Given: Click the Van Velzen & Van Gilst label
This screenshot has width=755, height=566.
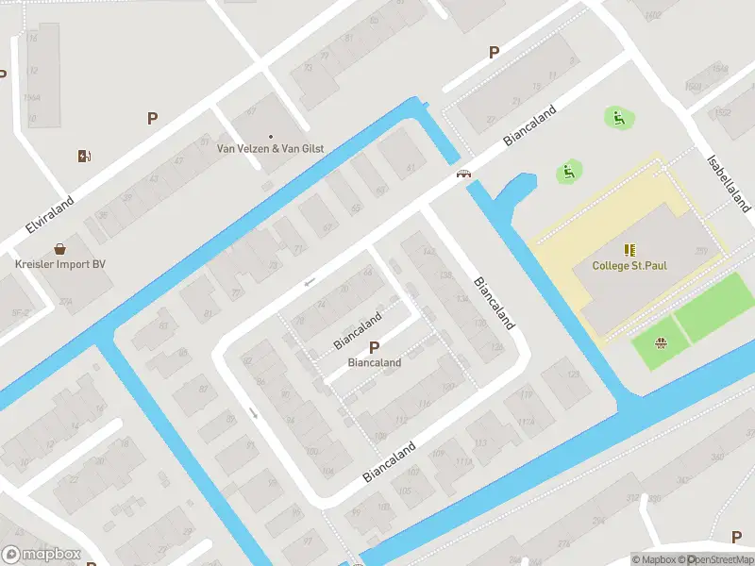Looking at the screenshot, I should pyautogui.click(x=270, y=148).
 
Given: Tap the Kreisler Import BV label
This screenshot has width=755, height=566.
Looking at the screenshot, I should pyautogui.click(x=59, y=264).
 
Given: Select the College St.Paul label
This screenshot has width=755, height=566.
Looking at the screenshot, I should pyautogui.click(x=629, y=265).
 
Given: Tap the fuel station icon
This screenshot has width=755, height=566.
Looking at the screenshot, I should pyautogui.click(x=84, y=156).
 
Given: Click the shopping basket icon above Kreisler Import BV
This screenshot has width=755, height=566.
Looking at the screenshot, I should pyautogui.click(x=60, y=249).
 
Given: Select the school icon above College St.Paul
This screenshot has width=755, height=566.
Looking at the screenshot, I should pyautogui.click(x=629, y=250).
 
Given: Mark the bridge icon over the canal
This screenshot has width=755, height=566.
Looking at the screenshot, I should pyautogui.click(x=463, y=174).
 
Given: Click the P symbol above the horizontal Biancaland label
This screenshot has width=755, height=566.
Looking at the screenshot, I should pyautogui.click(x=374, y=347).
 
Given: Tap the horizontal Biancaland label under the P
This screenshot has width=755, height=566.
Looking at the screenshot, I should pyautogui.click(x=374, y=362).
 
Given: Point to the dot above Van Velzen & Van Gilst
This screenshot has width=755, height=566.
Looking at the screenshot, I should pyautogui.click(x=270, y=136).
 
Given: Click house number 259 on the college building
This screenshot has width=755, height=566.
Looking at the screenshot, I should pyautogui.click(x=701, y=250).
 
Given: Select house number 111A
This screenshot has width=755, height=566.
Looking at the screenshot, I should pyautogui.click(x=462, y=461).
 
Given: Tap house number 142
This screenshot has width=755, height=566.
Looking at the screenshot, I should pyautogui.click(x=429, y=251).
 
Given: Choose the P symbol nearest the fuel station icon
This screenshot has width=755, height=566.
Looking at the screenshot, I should pyautogui.click(x=152, y=118).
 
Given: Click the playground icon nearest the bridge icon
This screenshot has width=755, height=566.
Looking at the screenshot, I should pyautogui.click(x=569, y=171).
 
